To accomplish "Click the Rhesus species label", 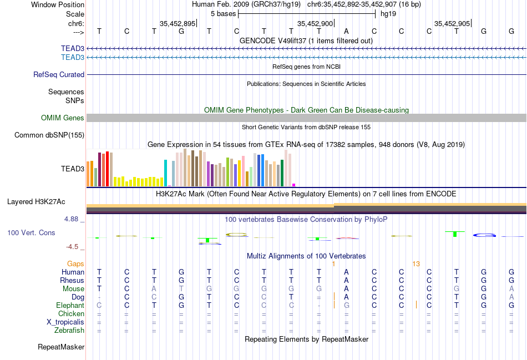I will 72,281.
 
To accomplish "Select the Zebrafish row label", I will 70,331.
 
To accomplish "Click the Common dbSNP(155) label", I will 49,135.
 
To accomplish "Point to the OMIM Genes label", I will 63,118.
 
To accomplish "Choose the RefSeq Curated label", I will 59,74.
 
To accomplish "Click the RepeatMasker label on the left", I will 61,347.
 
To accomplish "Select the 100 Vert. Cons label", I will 31,233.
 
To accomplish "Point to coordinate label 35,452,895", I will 178,23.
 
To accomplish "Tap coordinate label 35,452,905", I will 452,23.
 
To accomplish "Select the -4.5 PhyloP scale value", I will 73,247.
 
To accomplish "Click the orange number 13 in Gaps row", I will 416,263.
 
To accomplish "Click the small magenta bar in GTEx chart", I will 294,185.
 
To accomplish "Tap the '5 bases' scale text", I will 223,13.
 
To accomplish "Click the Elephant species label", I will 70,306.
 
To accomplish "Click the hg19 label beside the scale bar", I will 388,13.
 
